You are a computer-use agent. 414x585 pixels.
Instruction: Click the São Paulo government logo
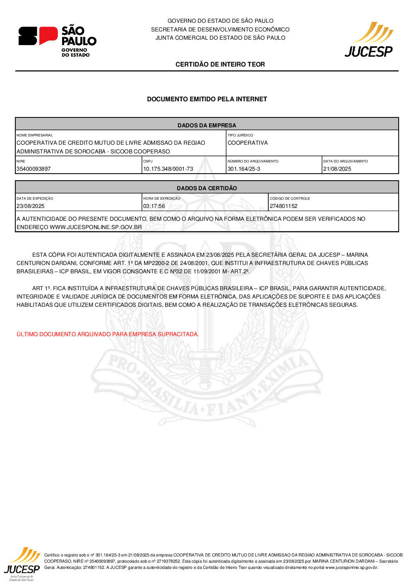pyautogui.click(x=57, y=41)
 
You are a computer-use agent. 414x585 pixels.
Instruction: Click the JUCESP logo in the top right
pyautogui.click(x=369, y=40)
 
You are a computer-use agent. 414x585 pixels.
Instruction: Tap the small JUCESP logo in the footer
pyautogui.click(x=22, y=564)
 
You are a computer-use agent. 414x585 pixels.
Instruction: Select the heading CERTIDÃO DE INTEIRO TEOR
pyautogui.click(x=220, y=64)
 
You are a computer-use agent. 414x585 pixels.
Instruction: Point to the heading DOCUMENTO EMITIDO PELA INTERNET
pyautogui.click(x=207, y=99)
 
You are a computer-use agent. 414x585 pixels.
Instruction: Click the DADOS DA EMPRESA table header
pyautogui.click(x=207, y=125)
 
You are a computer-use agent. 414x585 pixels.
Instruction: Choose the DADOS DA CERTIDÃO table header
pyautogui.click(x=207, y=188)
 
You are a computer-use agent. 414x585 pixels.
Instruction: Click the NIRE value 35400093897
pyautogui.click(x=34, y=169)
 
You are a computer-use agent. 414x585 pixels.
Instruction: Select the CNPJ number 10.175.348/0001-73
pyautogui.click(x=168, y=169)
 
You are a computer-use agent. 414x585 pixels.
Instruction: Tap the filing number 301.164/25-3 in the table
pyautogui.click(x=244, y=169)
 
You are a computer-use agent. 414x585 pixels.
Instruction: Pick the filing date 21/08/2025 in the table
pyautogui.click(x=337, y=169)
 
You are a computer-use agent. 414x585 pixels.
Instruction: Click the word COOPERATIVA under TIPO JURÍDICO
pyautogui.click(x=248, y=143)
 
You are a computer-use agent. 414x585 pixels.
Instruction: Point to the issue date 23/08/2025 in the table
pyautogui.click(x=31, y=206)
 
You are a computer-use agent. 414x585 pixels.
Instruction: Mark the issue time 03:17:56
pyautogui.click(x=154, y=206)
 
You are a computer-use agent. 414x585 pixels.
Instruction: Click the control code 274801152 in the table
pyautogui.click(x=284, y=206)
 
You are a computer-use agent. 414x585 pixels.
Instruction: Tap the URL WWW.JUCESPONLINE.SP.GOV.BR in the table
pyautogui.click(x=96, y=227)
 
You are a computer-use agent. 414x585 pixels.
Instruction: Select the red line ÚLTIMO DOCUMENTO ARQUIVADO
pyautogui.click(x=107, y=334)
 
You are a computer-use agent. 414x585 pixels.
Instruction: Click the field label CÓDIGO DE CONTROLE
pyautogui.click(x=290, y=198)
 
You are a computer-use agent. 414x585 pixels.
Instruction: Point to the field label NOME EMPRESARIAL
pyautogui.click(x=35, y=135)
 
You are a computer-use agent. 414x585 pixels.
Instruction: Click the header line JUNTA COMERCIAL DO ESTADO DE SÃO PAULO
pyautogui.click(x=220, y=38)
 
